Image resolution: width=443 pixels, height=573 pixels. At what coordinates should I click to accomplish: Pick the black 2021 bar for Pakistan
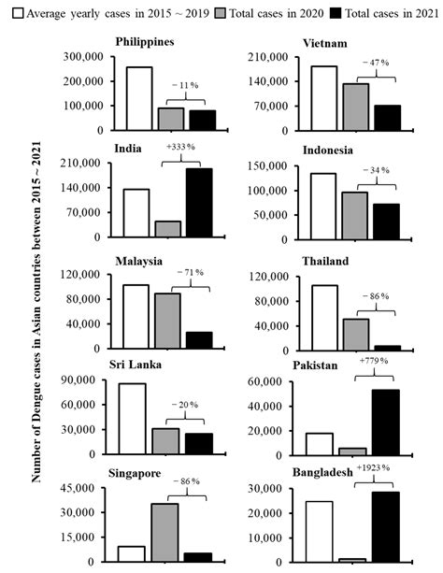tap(385, 423)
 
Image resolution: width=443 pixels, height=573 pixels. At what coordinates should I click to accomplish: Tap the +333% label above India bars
tap(181, 147)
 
